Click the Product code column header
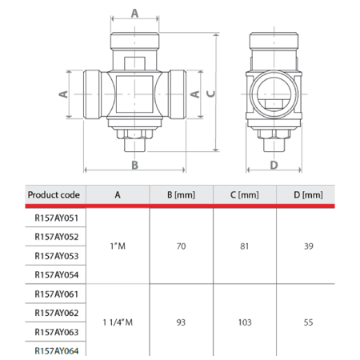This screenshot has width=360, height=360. click(54, 195)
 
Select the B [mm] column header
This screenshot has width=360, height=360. click(179, 195)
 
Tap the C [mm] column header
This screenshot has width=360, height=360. click(244, 195)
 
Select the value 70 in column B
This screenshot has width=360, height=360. click(179, 246)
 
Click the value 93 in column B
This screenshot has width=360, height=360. click(179, 322)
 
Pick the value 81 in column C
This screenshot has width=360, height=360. click(244, 246)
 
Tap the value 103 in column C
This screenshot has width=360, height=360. click(244, 322)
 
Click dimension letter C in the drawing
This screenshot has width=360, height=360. click(210, 93)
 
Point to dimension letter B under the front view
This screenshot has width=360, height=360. click(135, 165)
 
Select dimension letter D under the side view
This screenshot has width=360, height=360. click(273, 165)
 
